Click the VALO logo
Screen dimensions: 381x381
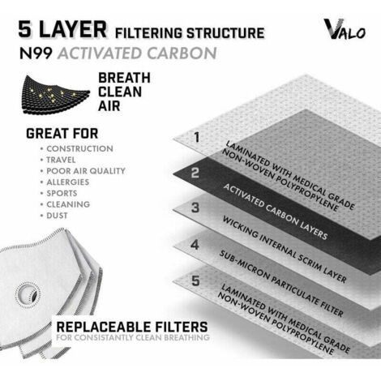(345, 29)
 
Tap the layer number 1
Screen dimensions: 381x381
(197, 137)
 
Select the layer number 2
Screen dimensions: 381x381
(195, 173)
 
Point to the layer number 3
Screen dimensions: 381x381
(195, 208)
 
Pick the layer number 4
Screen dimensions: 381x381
(195, 245)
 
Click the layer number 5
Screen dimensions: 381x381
(195, 280)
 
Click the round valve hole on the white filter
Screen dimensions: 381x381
(28, 293)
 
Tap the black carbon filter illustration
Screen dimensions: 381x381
(55, 94)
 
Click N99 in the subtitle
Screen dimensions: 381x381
(36, 53)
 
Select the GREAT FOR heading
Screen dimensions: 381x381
(62, 134)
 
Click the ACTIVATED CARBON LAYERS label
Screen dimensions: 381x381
(275, 212)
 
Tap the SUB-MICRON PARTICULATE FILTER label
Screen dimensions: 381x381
(281, 284)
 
